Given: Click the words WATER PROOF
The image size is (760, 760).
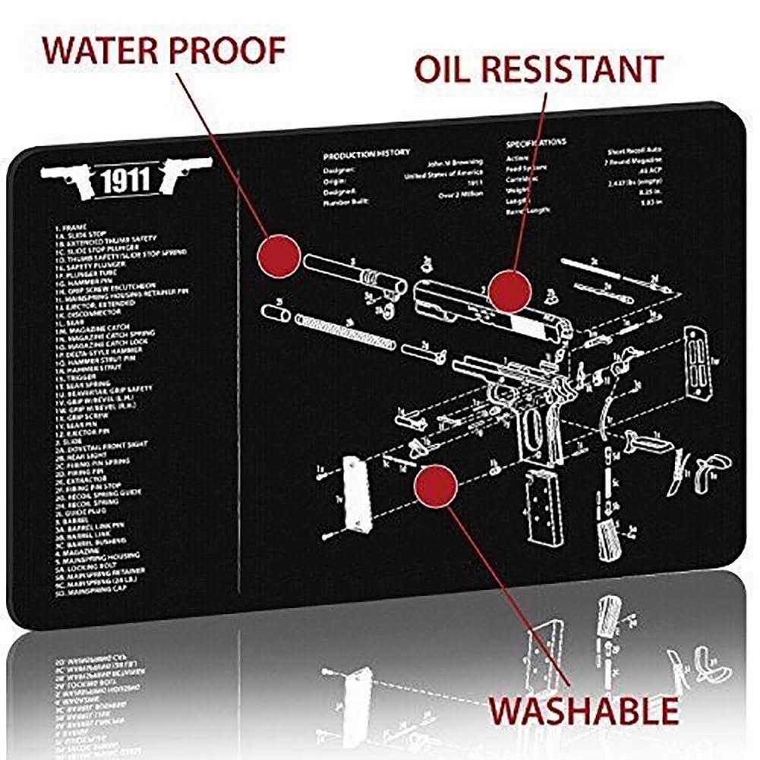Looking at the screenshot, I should coord(163,49).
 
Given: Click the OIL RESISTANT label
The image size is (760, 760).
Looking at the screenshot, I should coord(538,69).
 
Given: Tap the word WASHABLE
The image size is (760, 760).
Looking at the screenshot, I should coord(582,711).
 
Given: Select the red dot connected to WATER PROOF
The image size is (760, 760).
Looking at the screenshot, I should coord(279,255).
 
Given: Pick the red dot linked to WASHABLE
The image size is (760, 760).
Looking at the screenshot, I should coord(435,486).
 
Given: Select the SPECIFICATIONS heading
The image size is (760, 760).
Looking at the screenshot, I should coord(535,142).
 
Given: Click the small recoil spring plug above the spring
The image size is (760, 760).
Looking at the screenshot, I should coord(273,311).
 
